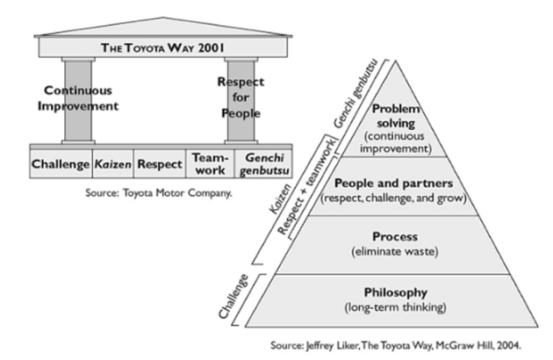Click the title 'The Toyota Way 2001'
(162, 47)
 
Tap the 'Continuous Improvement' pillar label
(78, 98)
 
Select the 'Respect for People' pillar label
(241, 97)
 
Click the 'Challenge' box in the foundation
(61, 164)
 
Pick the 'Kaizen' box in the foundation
(113, 164)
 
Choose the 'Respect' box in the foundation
(160, 164)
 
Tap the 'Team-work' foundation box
(210, 164)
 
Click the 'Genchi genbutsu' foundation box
(264, 164)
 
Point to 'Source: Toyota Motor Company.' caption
(159, 193)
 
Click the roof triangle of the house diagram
(163, 27)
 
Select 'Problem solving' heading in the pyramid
(396, 116)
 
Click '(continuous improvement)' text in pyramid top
(396, 142)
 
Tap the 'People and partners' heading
(393, 184)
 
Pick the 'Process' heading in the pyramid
(395, 236)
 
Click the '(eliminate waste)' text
(395, 252)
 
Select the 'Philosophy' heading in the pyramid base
(396, 292)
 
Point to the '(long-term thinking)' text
(395, 307)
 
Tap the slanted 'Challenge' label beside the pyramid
(233, 297)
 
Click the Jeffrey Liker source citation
(396, 345)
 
